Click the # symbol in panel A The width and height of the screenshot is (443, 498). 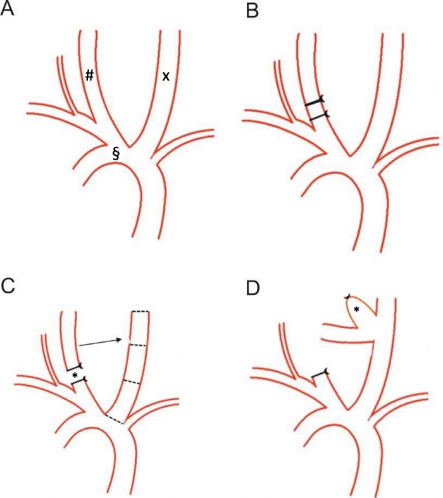pos(90,75)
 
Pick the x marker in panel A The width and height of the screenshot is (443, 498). pos(165,76)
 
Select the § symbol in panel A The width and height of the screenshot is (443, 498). pos(116,153)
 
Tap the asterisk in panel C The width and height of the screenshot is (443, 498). pos(75,376)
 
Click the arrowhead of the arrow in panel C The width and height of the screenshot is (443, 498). pos(121,340)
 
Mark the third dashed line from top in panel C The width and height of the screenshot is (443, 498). pos(134,381)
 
